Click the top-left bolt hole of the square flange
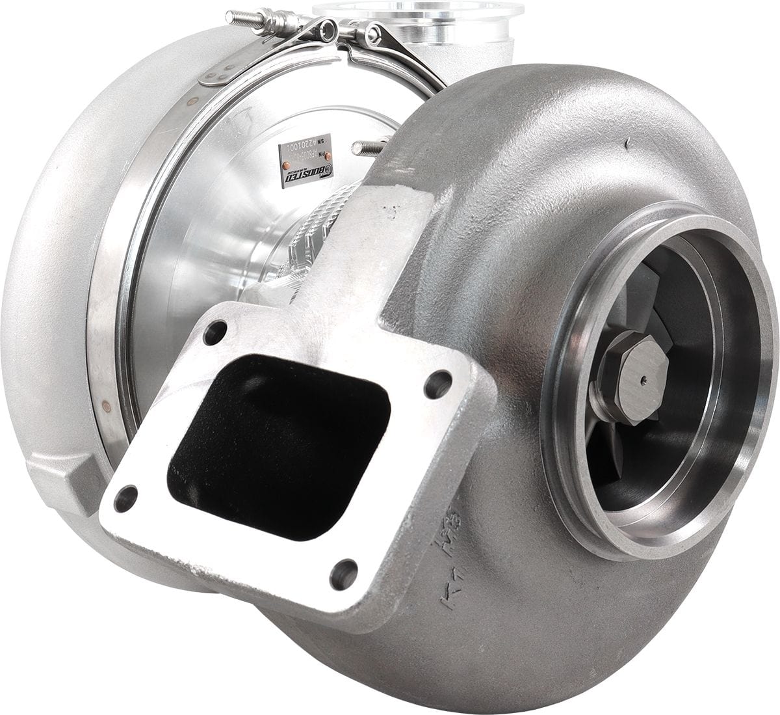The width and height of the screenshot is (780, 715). pos(213,336)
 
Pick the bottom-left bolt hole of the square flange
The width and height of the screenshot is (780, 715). pos(125,498)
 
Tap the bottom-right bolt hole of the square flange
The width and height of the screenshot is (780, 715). pos(344,574)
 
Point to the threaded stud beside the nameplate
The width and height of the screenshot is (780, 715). pos(371,148)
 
